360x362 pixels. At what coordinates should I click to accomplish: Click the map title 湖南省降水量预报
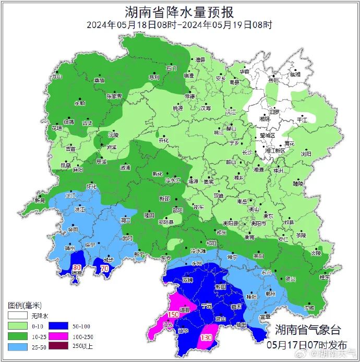[179, 11]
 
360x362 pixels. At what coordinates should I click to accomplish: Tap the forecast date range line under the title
[179, 25]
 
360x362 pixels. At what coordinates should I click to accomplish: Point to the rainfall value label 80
[76, 268]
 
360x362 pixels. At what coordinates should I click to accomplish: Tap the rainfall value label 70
[104, 269]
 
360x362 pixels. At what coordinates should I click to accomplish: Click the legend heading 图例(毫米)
[24, 305]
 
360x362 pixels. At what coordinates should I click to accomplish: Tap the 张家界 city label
[114, 96]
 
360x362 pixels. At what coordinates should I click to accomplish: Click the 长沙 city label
[247, 152]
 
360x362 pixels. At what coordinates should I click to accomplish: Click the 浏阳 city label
[306, 154]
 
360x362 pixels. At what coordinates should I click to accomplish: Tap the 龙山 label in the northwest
[56, 76]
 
